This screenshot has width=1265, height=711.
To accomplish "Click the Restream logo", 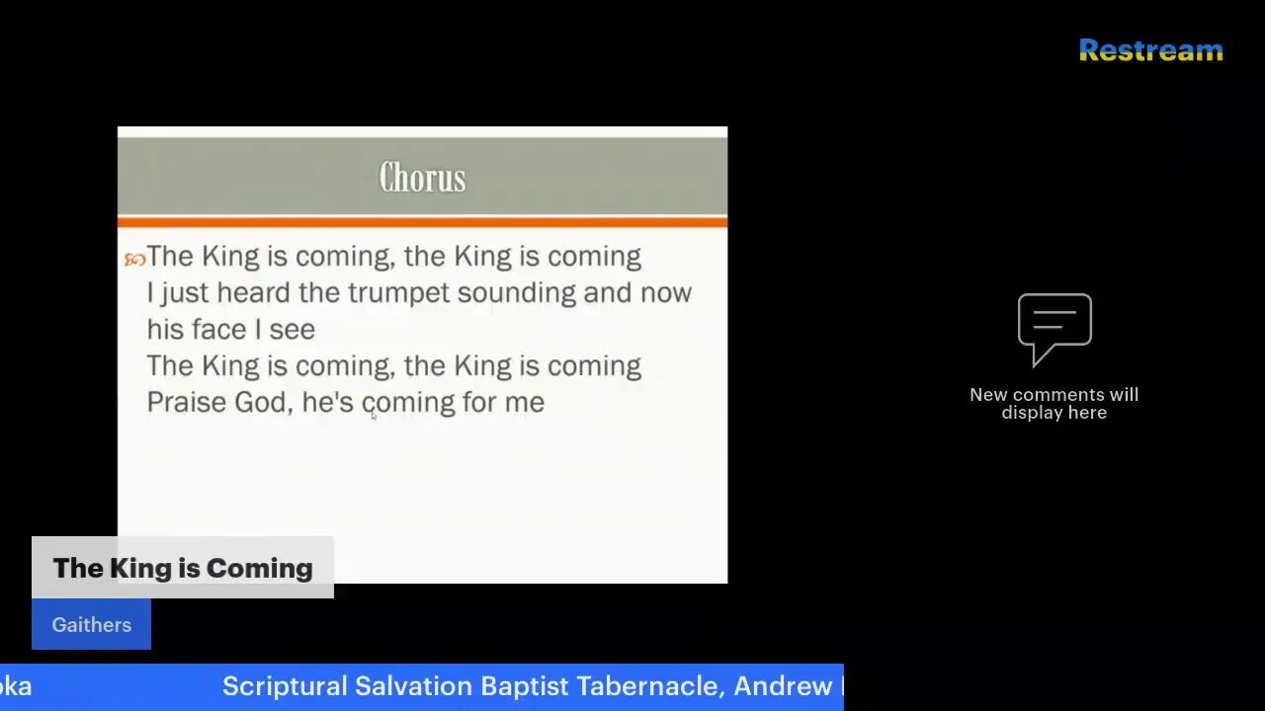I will point(1150,50).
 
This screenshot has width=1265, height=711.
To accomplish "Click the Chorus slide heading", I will point(422,178).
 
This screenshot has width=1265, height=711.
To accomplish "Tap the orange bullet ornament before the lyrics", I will point(134,260).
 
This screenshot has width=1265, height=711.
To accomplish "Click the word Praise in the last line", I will point(186,402).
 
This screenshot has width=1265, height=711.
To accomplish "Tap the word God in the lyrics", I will point(261,402).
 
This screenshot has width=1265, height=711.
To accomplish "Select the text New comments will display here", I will point(1054,403).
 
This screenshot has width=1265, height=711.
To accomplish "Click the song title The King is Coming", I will point(183,568).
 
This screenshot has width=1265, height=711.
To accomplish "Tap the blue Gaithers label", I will point(91,624).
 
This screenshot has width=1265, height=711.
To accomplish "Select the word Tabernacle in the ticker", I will point(651,686).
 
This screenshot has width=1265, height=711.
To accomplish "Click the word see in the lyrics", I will point(294,330).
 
